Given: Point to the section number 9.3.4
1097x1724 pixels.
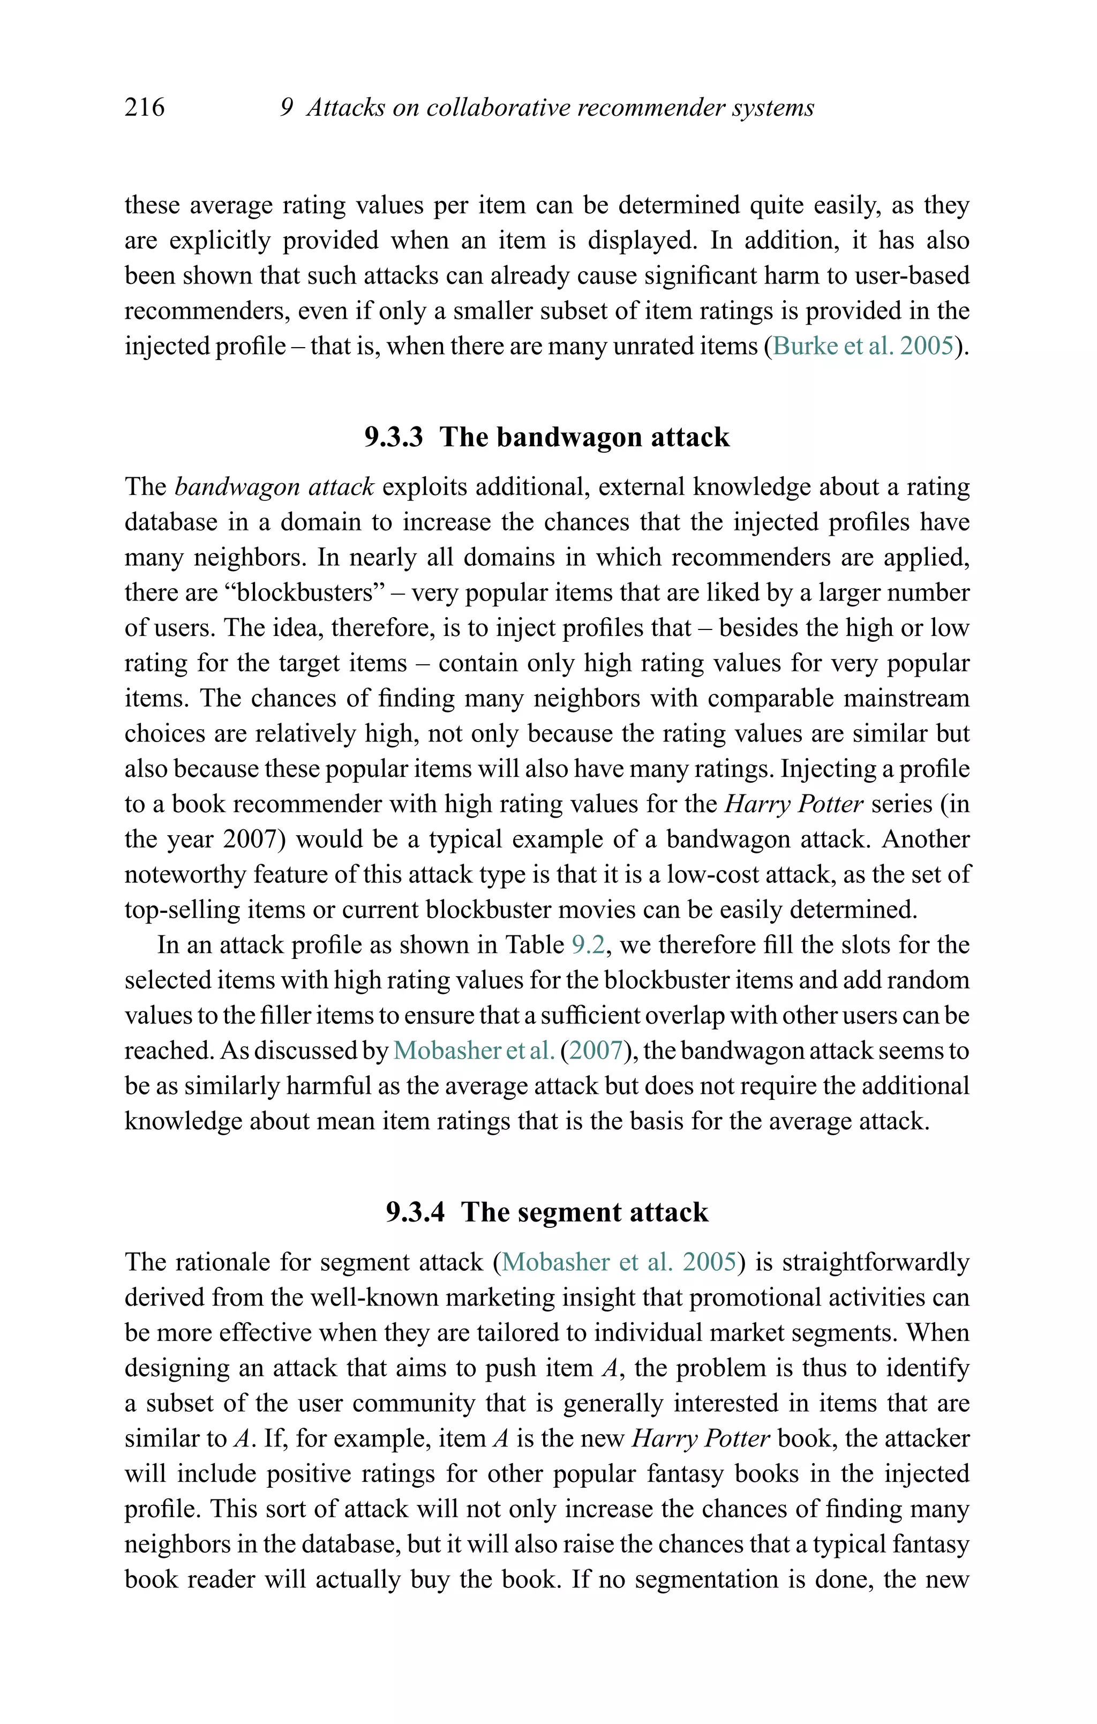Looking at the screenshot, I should pos(415,1212).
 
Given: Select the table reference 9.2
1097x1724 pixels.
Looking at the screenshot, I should pos(589,945).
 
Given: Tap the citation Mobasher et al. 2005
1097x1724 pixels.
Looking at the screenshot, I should pos(619,1262).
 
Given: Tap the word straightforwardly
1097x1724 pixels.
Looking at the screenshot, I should pos(876,1262).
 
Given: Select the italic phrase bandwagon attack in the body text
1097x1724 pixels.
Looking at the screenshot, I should pos(274,487).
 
